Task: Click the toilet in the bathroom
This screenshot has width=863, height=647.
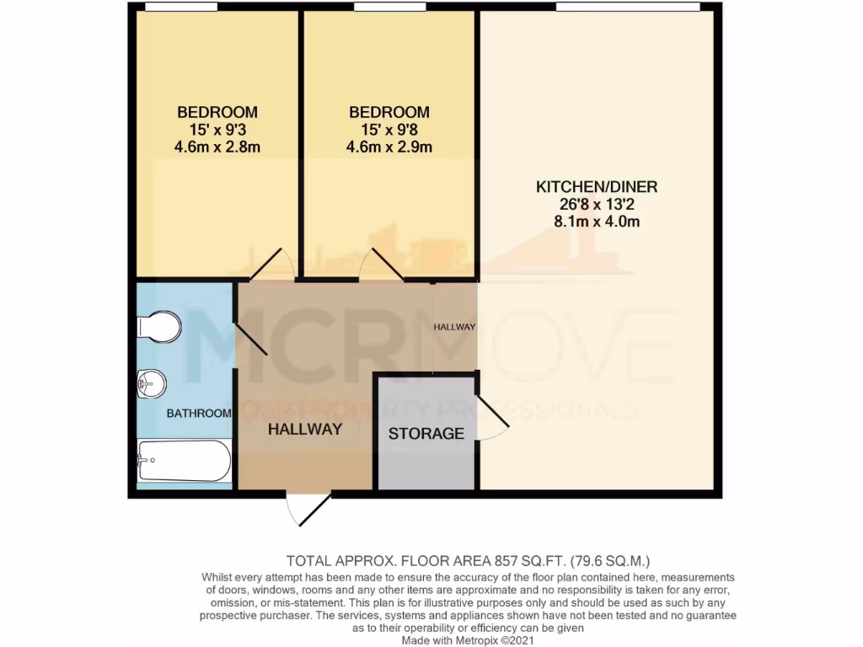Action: [x=159, y=327]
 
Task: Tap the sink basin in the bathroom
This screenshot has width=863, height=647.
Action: [x=152, y=384]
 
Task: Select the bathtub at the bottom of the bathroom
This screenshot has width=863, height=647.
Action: [x=184, y=460]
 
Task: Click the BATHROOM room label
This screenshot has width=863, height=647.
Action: [x=199, y=413]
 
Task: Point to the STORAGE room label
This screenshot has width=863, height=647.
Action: [x=426, y=434]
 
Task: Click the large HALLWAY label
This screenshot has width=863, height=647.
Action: [x=305, y=429]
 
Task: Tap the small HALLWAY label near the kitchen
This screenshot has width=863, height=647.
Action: [x=455, y=327]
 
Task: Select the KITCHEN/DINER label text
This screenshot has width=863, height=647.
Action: [x=597, y=187]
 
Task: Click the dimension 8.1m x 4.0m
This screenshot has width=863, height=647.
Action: [x=597, y=222]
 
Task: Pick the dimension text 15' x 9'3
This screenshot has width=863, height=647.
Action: [x=217, y=130]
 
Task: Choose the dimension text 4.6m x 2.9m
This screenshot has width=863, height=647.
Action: [x=389, y=147]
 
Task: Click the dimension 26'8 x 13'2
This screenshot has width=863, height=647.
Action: [x=597, y=205]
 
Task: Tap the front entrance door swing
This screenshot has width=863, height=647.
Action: [x=308, y=511]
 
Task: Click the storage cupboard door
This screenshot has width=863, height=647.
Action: [x=494, y=417]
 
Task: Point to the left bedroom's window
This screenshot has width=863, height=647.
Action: [x=180, y=8]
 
